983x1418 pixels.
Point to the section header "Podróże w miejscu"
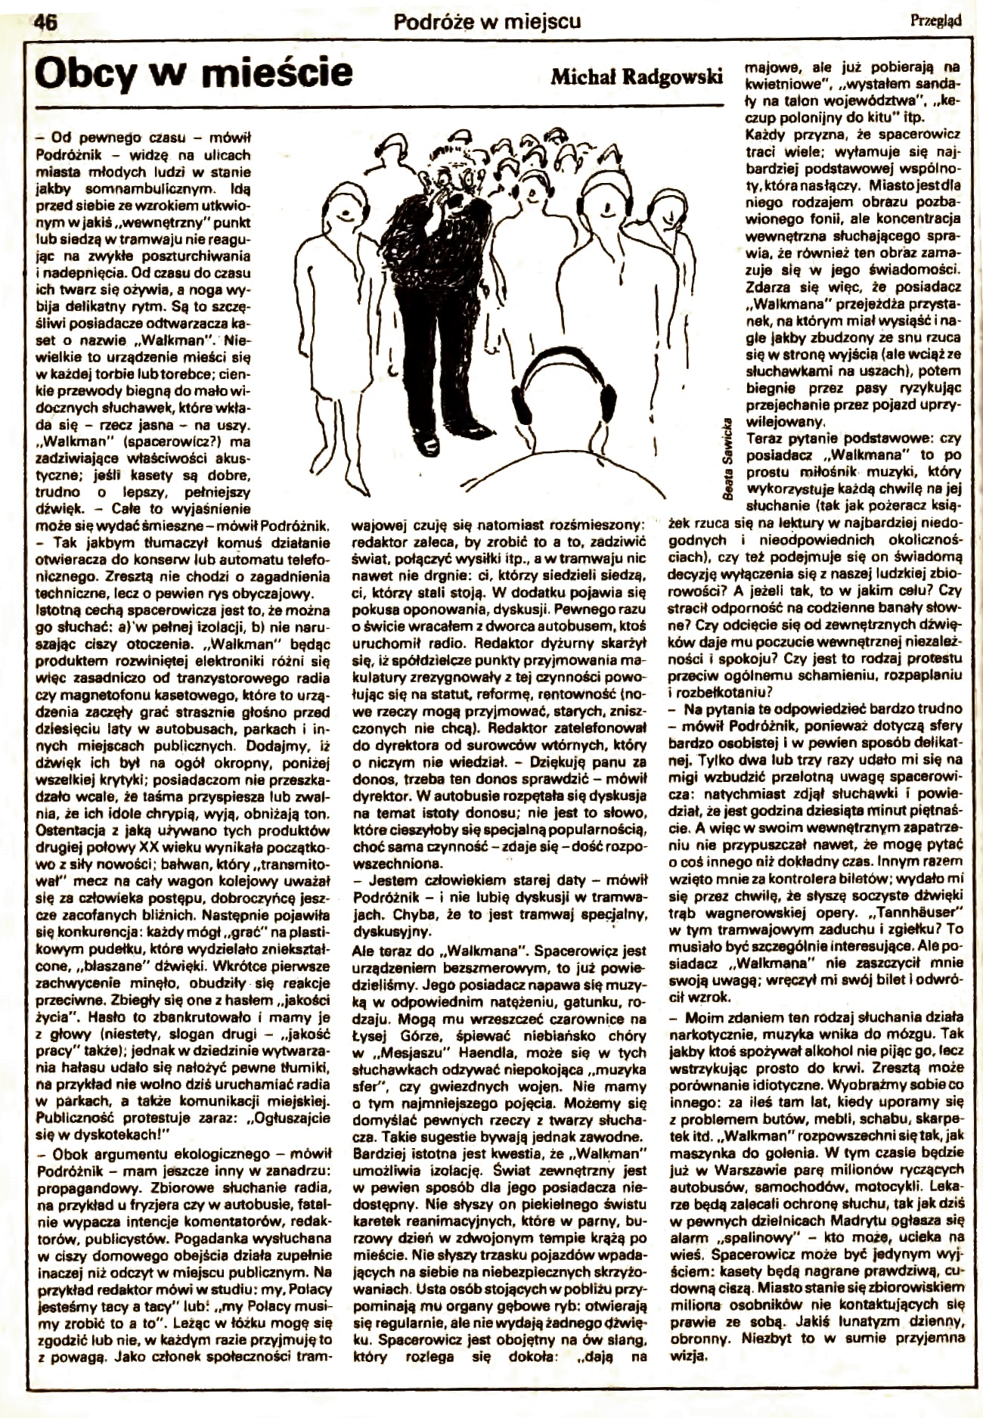[x=487, y=21]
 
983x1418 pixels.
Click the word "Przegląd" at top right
[x=935, y=21]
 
